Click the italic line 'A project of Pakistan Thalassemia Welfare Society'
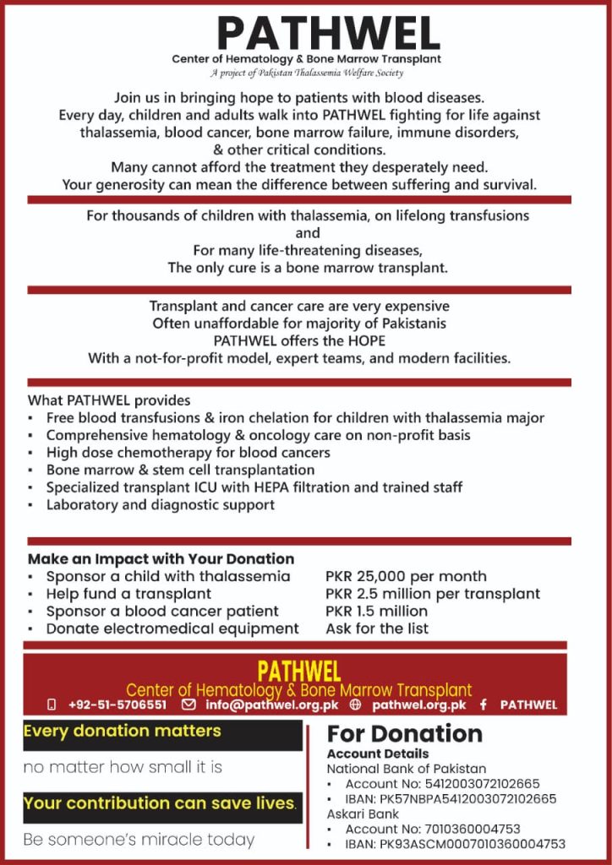click(306, 73)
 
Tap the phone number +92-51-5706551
click(117, 705)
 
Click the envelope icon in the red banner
click(189, 705)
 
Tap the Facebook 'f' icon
click(484, 705)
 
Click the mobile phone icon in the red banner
click(52, 705)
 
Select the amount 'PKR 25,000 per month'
click(406, 576)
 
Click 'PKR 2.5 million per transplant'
click(432, 594)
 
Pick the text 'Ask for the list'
click(376, 628)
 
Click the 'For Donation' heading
click(404, 733)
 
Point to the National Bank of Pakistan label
click(407, 769)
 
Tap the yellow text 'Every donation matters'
click(122, 731)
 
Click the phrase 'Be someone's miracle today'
click(139, 840)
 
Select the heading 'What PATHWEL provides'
click(109, 400)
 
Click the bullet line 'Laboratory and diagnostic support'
click(160, 505)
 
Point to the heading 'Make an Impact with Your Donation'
click(161, 558)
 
